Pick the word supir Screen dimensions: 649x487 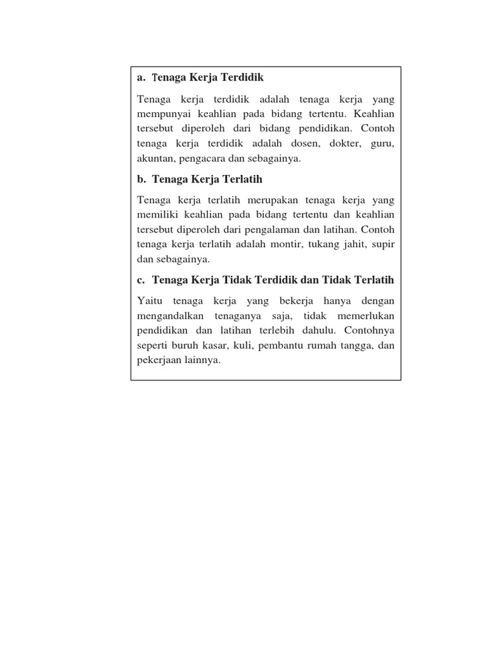383,244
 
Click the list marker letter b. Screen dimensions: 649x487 141,179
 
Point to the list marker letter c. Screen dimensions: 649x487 140,280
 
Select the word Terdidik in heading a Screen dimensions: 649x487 242,77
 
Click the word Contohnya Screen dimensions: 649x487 372,330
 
